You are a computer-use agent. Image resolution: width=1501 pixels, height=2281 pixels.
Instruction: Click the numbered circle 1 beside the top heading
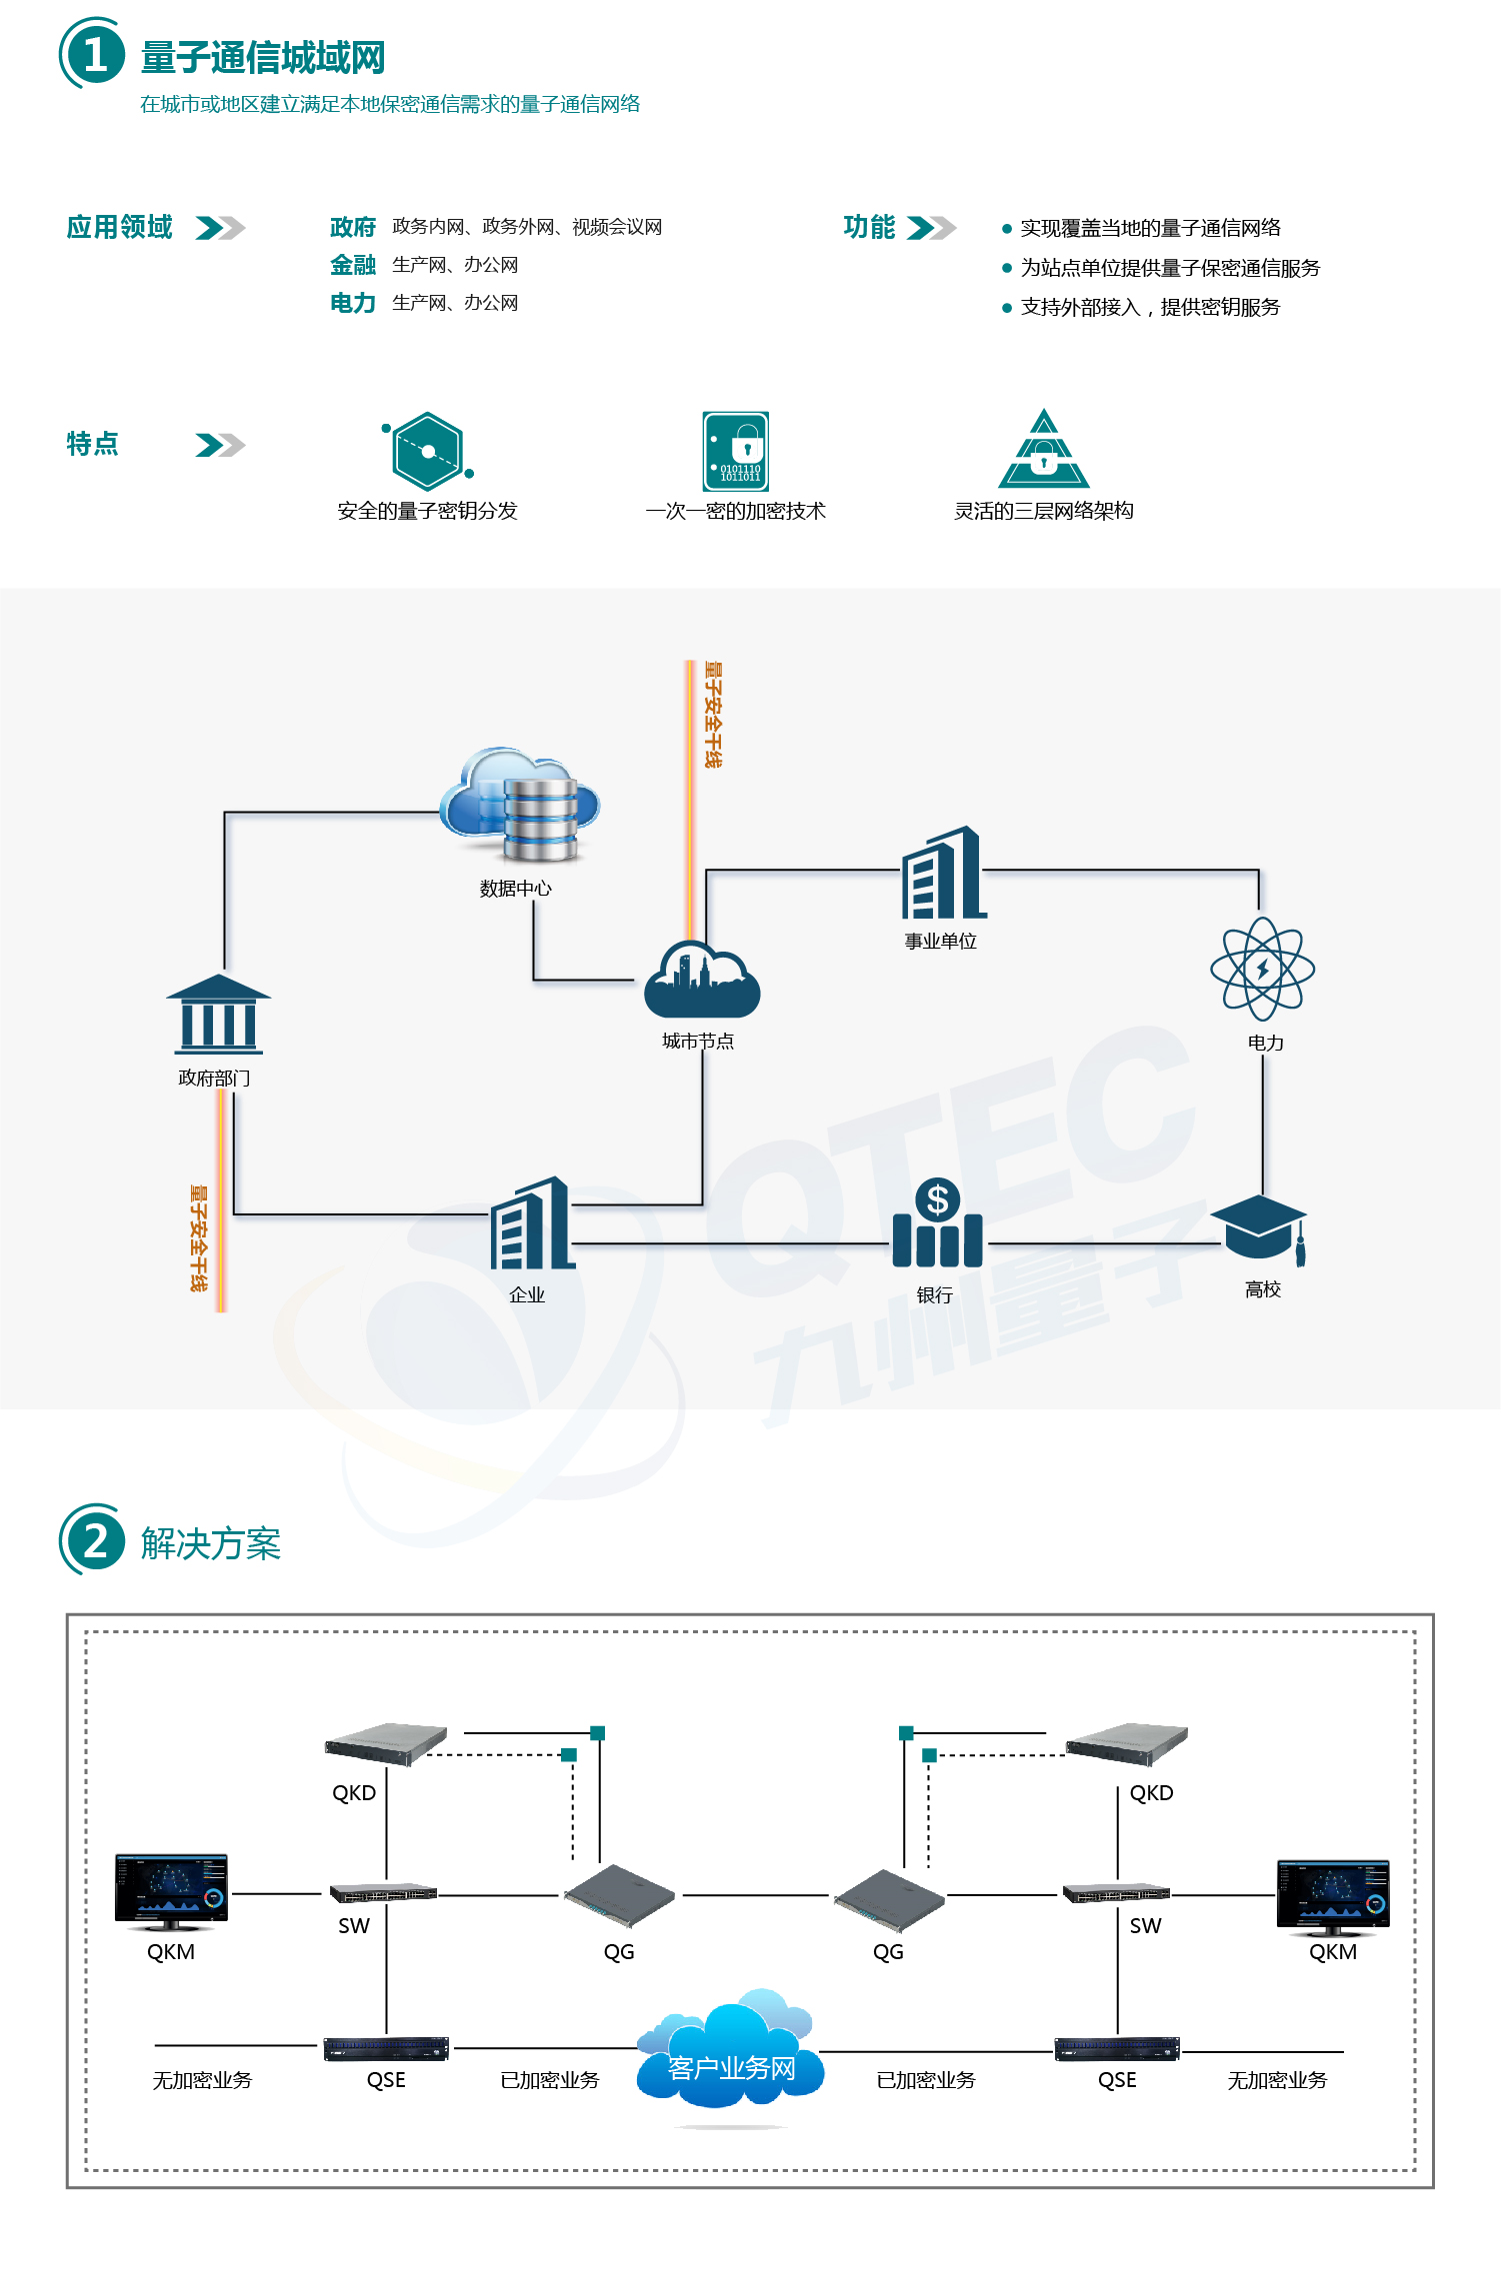pos(94,55)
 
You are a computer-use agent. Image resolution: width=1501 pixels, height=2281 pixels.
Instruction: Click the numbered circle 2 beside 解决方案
pos(94,1541)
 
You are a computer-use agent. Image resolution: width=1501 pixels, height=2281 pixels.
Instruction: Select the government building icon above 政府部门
pos(218,1015)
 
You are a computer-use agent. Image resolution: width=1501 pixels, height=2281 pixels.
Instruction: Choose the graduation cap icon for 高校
pos(1260,1226)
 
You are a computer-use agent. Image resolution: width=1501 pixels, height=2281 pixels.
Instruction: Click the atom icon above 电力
pos(1262,969)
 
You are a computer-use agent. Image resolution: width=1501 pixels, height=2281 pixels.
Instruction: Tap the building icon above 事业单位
pos(943,875)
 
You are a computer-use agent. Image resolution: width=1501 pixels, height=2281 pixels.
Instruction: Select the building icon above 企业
pos(531,1224)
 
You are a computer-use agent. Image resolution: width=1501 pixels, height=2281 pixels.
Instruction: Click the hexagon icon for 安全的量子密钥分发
pos(428,451)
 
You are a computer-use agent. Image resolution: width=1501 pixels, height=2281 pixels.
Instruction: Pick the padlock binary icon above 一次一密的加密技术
pos(736,451)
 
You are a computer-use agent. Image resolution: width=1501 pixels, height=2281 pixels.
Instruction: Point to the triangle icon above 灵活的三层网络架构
pos(1044,451)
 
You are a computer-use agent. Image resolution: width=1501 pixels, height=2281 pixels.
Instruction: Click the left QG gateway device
pos(619,1895)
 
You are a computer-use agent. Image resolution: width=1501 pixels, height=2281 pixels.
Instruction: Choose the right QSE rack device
pos(1117,2049)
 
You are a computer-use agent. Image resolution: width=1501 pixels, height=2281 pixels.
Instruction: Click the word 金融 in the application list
pos(353,265)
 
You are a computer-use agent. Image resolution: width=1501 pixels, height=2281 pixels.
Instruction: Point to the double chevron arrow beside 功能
pos(930,228)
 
